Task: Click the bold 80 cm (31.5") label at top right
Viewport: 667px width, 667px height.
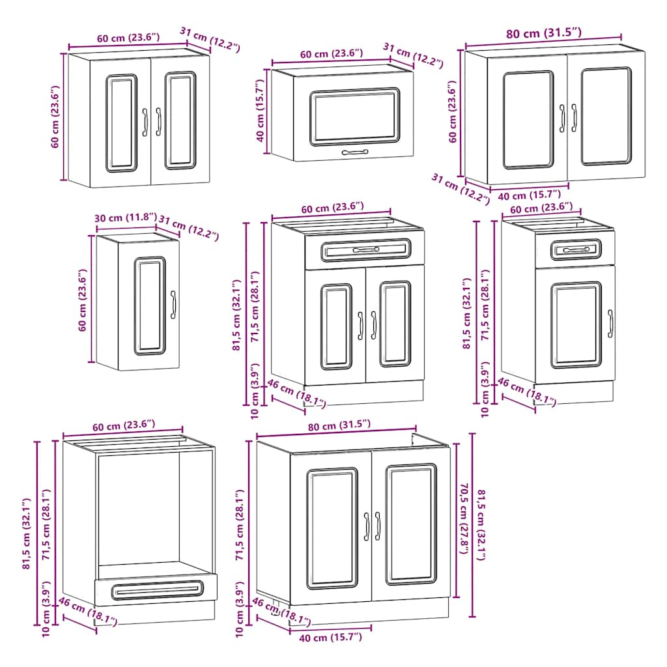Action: (544, 33)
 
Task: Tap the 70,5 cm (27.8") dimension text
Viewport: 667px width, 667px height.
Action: (464, 518)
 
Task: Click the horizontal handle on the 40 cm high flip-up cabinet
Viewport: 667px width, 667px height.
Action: (355, 152)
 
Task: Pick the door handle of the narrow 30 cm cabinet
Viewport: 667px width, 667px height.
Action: (173, 305)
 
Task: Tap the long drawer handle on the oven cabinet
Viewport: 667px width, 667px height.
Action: (156, 590)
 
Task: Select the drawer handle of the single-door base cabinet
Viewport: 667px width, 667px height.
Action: (576, 250)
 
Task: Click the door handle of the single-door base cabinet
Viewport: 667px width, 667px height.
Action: (610, 324)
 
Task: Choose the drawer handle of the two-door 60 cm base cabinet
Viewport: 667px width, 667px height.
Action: (365, 250)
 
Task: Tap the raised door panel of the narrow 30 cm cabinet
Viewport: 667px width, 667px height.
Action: (150, 305)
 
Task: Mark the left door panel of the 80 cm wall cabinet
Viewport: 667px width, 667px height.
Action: (528, 120)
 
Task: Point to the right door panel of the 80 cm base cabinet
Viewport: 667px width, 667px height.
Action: (410, 524)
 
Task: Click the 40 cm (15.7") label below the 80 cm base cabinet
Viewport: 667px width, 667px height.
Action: (330, 638)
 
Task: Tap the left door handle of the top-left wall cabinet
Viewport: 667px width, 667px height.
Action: (145, 122)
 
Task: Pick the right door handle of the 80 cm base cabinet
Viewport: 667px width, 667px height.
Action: (377, 526)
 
